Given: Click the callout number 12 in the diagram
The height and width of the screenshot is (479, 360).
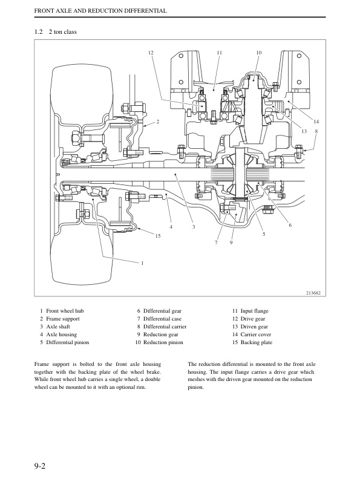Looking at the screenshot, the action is pos(151,53).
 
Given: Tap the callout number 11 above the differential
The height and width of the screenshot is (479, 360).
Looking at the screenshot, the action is pos(219,53).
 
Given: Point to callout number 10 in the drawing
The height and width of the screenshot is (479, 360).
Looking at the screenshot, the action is pos(259,53).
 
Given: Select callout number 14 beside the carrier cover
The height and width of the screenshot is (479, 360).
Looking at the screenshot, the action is pos(316,122).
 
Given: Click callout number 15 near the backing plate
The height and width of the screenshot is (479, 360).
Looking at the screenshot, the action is pos(158,236).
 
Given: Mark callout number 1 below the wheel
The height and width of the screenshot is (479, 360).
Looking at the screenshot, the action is pos(142,263).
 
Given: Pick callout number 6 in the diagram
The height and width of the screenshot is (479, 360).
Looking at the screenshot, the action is pos(290,225).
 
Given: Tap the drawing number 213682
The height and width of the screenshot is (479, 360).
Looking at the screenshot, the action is pos(313,293).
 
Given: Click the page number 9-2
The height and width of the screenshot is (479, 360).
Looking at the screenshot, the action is pos(40,466).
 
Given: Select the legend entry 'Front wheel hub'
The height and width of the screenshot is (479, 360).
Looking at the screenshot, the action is pos(65,311).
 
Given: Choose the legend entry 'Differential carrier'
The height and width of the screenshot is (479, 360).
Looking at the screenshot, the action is pos(165,327).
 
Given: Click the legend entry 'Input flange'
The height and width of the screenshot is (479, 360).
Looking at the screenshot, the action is pos(254,311).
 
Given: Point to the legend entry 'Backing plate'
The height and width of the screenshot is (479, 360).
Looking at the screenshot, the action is pos(256,342).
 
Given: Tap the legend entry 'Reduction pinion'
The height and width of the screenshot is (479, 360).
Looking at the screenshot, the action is pos(163,342).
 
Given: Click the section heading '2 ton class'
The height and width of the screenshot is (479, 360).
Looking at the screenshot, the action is pos(63,32).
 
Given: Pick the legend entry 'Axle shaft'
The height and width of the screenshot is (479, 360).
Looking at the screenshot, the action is pos(58,327).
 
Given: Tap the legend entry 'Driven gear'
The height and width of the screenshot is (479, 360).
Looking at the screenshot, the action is pos(254,327).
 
